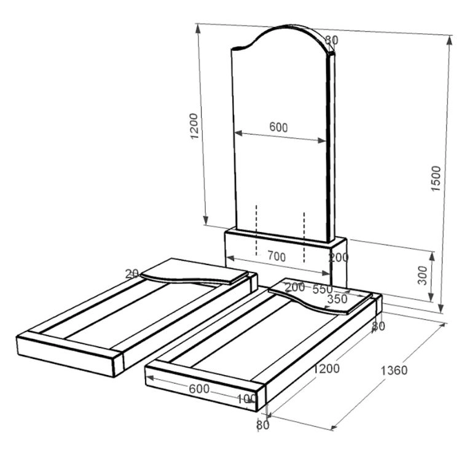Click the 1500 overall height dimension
pyautogui.click(x=436, y=179)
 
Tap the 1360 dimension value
pyautogui.click(x=394, y=371)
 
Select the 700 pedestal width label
pyautogui.click(x=277, y=257)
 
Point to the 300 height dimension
pyautogui.click(x=422, y=276)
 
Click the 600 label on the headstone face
pyautogui.click(x=278, y=127)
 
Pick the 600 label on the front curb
pyautogui.click(x=199, y=389)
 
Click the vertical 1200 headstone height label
pyautogui.click(x=194, y=126)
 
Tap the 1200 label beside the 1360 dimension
pyautogui.click(x=327, y=369)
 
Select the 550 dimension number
pyautogui.click(x=322, y=289)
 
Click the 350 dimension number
pyautogui.click(x=337, y=299)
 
